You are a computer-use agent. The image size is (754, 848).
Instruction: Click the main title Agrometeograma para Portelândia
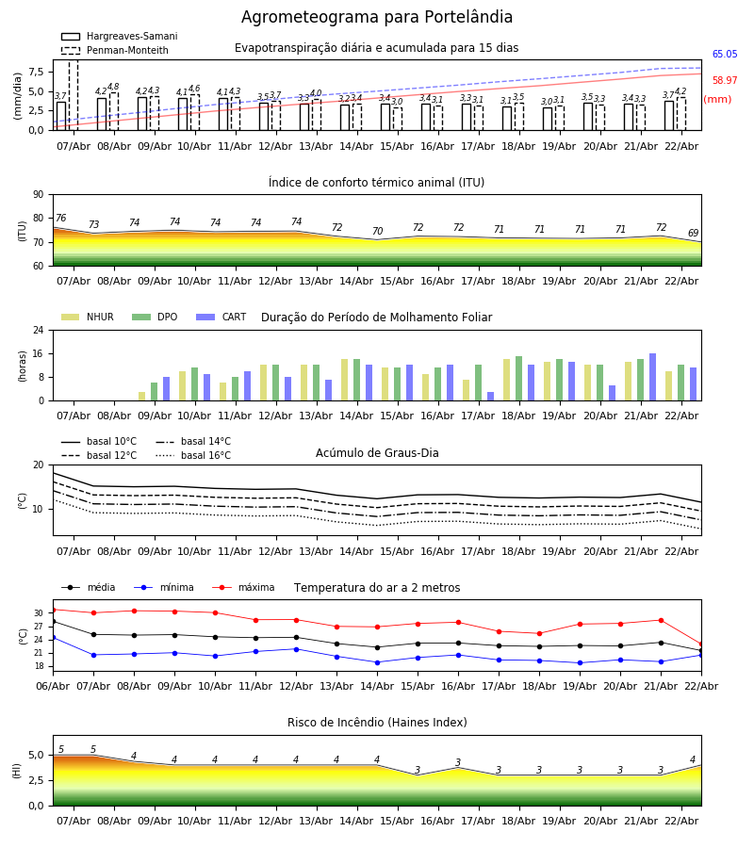click(x=377, y=18)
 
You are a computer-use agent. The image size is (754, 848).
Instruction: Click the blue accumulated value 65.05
click(x=725, y=55)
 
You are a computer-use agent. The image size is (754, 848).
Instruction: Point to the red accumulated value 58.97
click(x=725, y=81)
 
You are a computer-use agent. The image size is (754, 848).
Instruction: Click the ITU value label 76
click(x=60, y=219)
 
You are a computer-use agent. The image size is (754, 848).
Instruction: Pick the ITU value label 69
click(x=693, y=234)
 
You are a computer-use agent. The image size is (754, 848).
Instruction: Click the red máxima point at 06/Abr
click(x=53, y=609)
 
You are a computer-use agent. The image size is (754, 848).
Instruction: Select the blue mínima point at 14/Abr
click(x=377, y=662)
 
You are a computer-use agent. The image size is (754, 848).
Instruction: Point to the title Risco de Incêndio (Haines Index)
click(x=377, y=723)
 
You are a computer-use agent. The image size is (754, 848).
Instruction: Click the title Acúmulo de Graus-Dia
click(x=377, y=453)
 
